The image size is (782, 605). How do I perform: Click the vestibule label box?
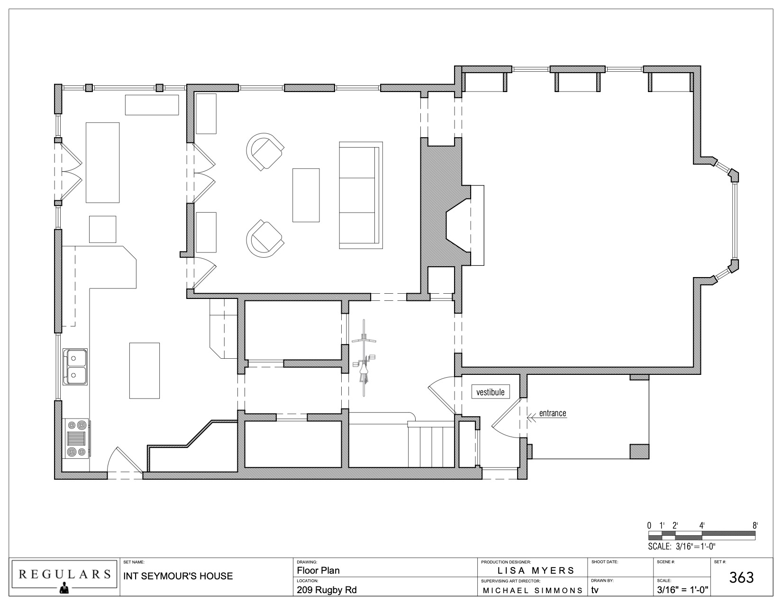click(x=491, y=391)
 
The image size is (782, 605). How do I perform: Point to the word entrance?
click(x=553, y=413)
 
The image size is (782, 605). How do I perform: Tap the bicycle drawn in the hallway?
click(x=364, y=358)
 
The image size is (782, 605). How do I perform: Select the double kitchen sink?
click(x=75, y=366)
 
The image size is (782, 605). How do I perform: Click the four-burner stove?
click(x=77, y=438)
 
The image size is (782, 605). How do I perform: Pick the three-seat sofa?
click(x=361, y=195)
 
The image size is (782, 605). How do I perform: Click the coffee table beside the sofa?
click(x=306, y=195)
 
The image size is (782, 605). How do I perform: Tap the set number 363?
click(x=741, y=577)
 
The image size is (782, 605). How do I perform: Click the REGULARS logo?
click(x=65, y=577)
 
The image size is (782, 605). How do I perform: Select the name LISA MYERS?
click(x=536, y=570)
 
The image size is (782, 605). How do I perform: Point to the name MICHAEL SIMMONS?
click(x=533, y=590)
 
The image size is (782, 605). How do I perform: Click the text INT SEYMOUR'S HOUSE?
click(x=178, y=576)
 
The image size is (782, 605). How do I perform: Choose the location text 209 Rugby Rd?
click(x=327, y=590)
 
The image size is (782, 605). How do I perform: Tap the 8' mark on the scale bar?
click(x=755, y=525)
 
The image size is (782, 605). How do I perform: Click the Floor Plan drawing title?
click(x=318, y=570)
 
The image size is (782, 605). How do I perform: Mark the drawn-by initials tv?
click(x=595, y=590)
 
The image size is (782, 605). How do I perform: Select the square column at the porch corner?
click(x=639, y=451)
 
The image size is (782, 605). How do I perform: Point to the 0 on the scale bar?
click(x=649, y=525)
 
